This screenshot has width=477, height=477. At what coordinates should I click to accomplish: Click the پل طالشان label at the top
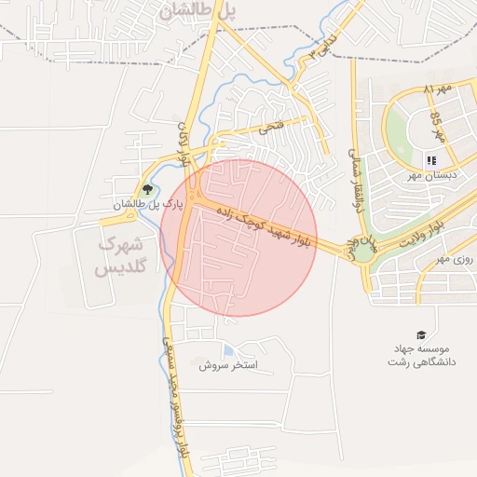point(198,11)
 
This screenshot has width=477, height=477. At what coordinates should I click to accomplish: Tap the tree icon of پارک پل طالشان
point(148,189)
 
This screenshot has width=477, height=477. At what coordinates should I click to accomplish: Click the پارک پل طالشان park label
point(145,204)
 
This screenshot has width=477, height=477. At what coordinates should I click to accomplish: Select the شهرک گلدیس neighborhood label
point(120,257)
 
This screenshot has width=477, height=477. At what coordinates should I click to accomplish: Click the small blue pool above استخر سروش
point(229,351)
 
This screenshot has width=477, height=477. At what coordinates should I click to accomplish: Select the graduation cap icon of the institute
point(420,334)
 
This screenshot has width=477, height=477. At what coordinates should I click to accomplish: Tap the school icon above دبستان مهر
point(431,161)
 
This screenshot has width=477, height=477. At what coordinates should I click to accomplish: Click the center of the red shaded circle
point(238,238)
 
